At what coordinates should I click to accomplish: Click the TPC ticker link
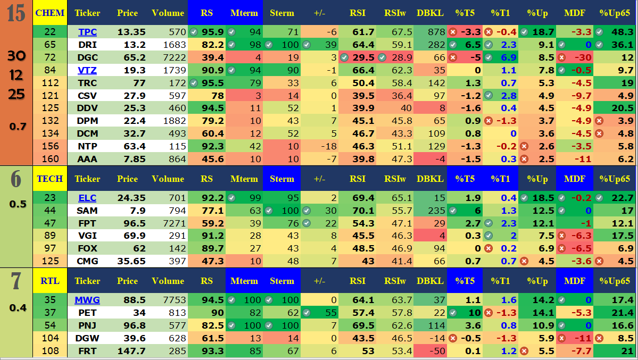tap(87, 32)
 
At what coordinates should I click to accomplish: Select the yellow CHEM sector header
tap(50, 13)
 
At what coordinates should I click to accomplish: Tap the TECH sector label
tap(50, 179)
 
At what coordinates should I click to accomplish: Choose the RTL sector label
tap(50, 281)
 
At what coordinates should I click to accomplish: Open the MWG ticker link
tap(87, 300)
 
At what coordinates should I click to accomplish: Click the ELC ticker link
tap(87, 198)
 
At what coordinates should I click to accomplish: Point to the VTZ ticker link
tap(87, 70)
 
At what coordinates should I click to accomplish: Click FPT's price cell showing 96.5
tap(131, 223)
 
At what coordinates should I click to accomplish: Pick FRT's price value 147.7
tap(131, 351)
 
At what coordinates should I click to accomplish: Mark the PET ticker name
tap(87, 313)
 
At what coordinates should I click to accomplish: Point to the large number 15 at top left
tap(16, 13)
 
